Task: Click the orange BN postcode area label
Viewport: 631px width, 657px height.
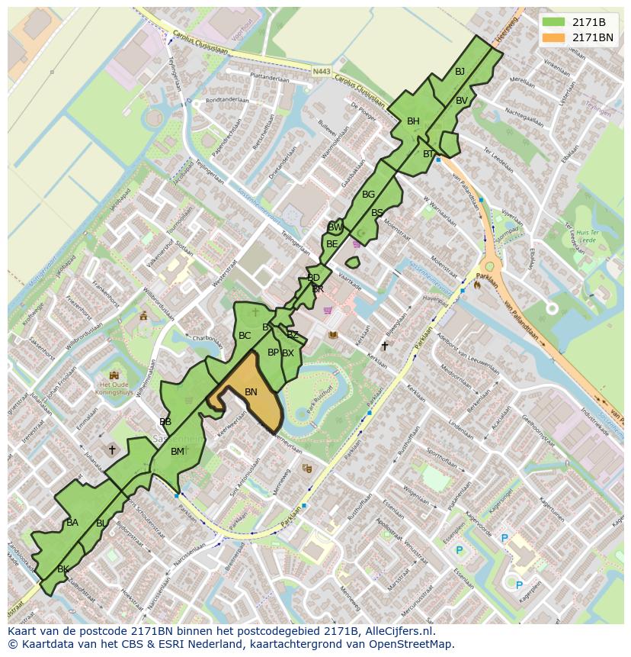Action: [251, 391]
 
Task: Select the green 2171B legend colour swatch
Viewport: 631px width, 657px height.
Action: [554, 21]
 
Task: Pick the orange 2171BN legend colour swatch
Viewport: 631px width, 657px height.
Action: [554, 37]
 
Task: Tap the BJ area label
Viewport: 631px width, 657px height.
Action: [460, 71]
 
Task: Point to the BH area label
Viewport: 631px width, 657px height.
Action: [413, 121]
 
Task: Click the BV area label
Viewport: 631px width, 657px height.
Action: [462, 100]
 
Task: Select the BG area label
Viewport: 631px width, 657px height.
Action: [368, 194]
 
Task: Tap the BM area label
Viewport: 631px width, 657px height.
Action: [178, 451]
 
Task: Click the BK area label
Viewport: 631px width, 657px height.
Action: [63, 568]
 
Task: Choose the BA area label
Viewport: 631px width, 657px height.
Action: [72, 522]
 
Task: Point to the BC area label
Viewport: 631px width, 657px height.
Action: [245, 335]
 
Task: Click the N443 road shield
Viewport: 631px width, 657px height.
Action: [322, 72]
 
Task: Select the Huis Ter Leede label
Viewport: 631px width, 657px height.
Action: [587, 235]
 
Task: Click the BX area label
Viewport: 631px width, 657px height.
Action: [288, 353]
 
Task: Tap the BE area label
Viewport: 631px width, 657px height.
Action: [332, 244]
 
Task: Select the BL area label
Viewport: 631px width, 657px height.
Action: [101, 523]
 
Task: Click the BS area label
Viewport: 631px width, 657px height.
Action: [377, 213]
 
